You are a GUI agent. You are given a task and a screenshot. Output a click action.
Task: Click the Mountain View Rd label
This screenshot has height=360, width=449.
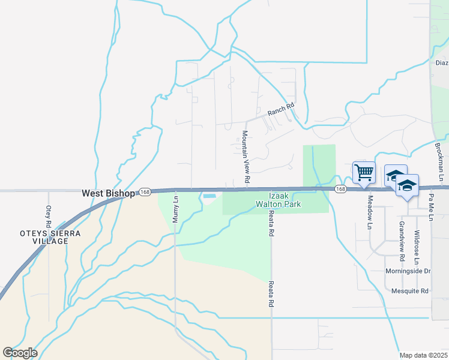click(x=245, y=157)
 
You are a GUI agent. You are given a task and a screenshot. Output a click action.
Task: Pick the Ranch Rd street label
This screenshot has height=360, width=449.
click(x=281, y=110)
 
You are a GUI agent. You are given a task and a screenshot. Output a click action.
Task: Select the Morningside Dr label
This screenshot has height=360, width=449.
click(x=408, y=271)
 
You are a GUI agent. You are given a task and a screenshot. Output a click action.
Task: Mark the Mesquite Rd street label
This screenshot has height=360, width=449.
click(x=410, y=292)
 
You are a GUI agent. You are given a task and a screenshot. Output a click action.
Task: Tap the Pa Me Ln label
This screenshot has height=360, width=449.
click(x=431, y=202)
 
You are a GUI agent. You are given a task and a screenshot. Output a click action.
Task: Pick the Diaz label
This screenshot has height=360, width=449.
click(x=442, y=62)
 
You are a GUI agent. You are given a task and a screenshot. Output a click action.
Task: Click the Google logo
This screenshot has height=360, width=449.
click(x=20, y=352)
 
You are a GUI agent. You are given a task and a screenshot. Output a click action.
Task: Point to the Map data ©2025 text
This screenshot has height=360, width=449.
click(x=423, y=355)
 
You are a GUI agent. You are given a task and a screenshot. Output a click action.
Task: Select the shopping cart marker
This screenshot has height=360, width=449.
click(x=364, y=173)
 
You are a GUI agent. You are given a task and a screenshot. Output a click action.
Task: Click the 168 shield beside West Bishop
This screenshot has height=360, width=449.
click(x=145, y=191)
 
